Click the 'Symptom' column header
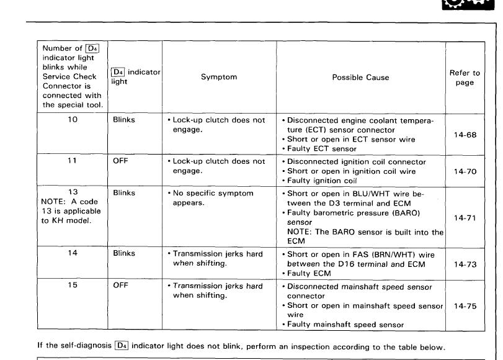[x=218, y=78]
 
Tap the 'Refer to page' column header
[x=465, y=78]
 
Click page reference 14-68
[x=465, y=135]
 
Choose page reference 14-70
[x=465, y=171]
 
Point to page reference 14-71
[x=465, y=218]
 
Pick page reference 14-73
[x=465, y=264]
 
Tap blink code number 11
[x=73, y=161]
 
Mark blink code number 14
[x=73, y=253]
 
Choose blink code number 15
[x=73, y=286]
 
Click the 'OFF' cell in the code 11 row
[x=120, y=161]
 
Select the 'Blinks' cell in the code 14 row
[x=124, y=253]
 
